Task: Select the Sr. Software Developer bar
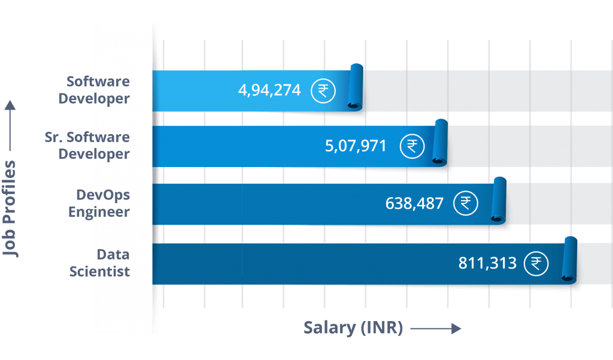[299, 146]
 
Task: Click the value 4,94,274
[269, 90]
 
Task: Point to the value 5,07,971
[356, 146]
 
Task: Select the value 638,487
[414, 204]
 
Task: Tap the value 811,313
[487, 263]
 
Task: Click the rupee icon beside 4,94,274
[323, 91]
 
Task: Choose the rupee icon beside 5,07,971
[412, 146]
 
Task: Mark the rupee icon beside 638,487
[466, 204]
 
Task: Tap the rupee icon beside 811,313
[536, 264]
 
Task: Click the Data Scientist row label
[99, 263]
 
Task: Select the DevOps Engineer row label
[99, 203]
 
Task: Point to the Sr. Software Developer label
[87, 146]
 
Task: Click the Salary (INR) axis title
[353, 328]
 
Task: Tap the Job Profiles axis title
[10, 208]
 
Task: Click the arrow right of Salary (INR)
[436, 329]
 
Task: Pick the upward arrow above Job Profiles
[10, 126]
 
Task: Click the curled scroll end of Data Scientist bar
[570, 260]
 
